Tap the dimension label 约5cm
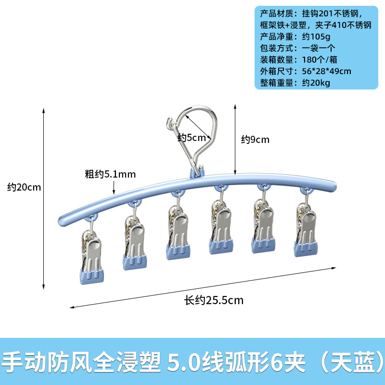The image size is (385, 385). coord(192,138)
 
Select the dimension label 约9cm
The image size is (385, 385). coord(255,140)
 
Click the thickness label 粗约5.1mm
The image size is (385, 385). coord(110,174)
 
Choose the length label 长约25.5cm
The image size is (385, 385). coord(214,300)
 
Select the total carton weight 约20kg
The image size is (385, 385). coord(318,83)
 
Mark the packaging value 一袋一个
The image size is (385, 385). coord(318,48)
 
